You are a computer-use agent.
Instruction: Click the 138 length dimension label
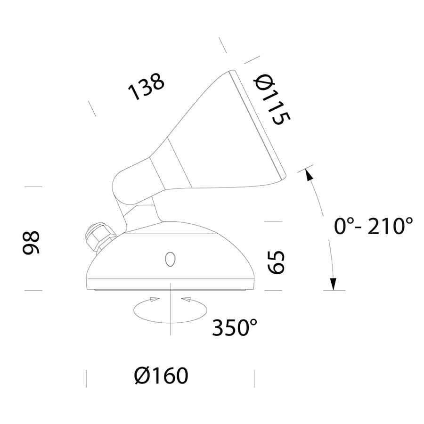point(147,86)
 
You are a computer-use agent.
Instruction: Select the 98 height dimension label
point(31,243)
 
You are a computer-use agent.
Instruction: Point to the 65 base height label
point(276,262)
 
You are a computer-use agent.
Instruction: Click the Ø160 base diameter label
point(161,375)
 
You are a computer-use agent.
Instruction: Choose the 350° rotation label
point(235,327)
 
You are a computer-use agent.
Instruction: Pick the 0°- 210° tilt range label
point(374,226)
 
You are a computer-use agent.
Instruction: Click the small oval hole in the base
point(170,259)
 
